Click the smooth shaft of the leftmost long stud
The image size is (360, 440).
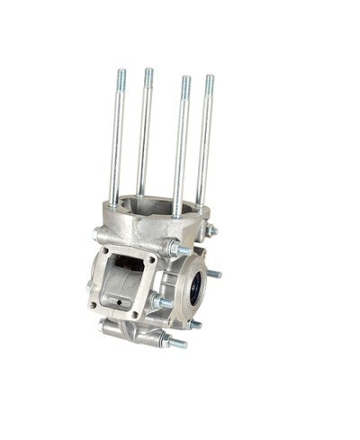click(x=116, y=144)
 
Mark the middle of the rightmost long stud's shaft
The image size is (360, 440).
click(x=205, y=144)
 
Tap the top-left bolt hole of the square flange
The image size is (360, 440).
click(x=105, y=251)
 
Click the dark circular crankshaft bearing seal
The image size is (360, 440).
click(x=195, y=289)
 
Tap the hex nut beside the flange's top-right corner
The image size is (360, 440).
click(x=169, y=247)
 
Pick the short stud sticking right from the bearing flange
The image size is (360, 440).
click(x=214, y=274)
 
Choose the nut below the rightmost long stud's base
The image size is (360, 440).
click(x=211, y=231)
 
